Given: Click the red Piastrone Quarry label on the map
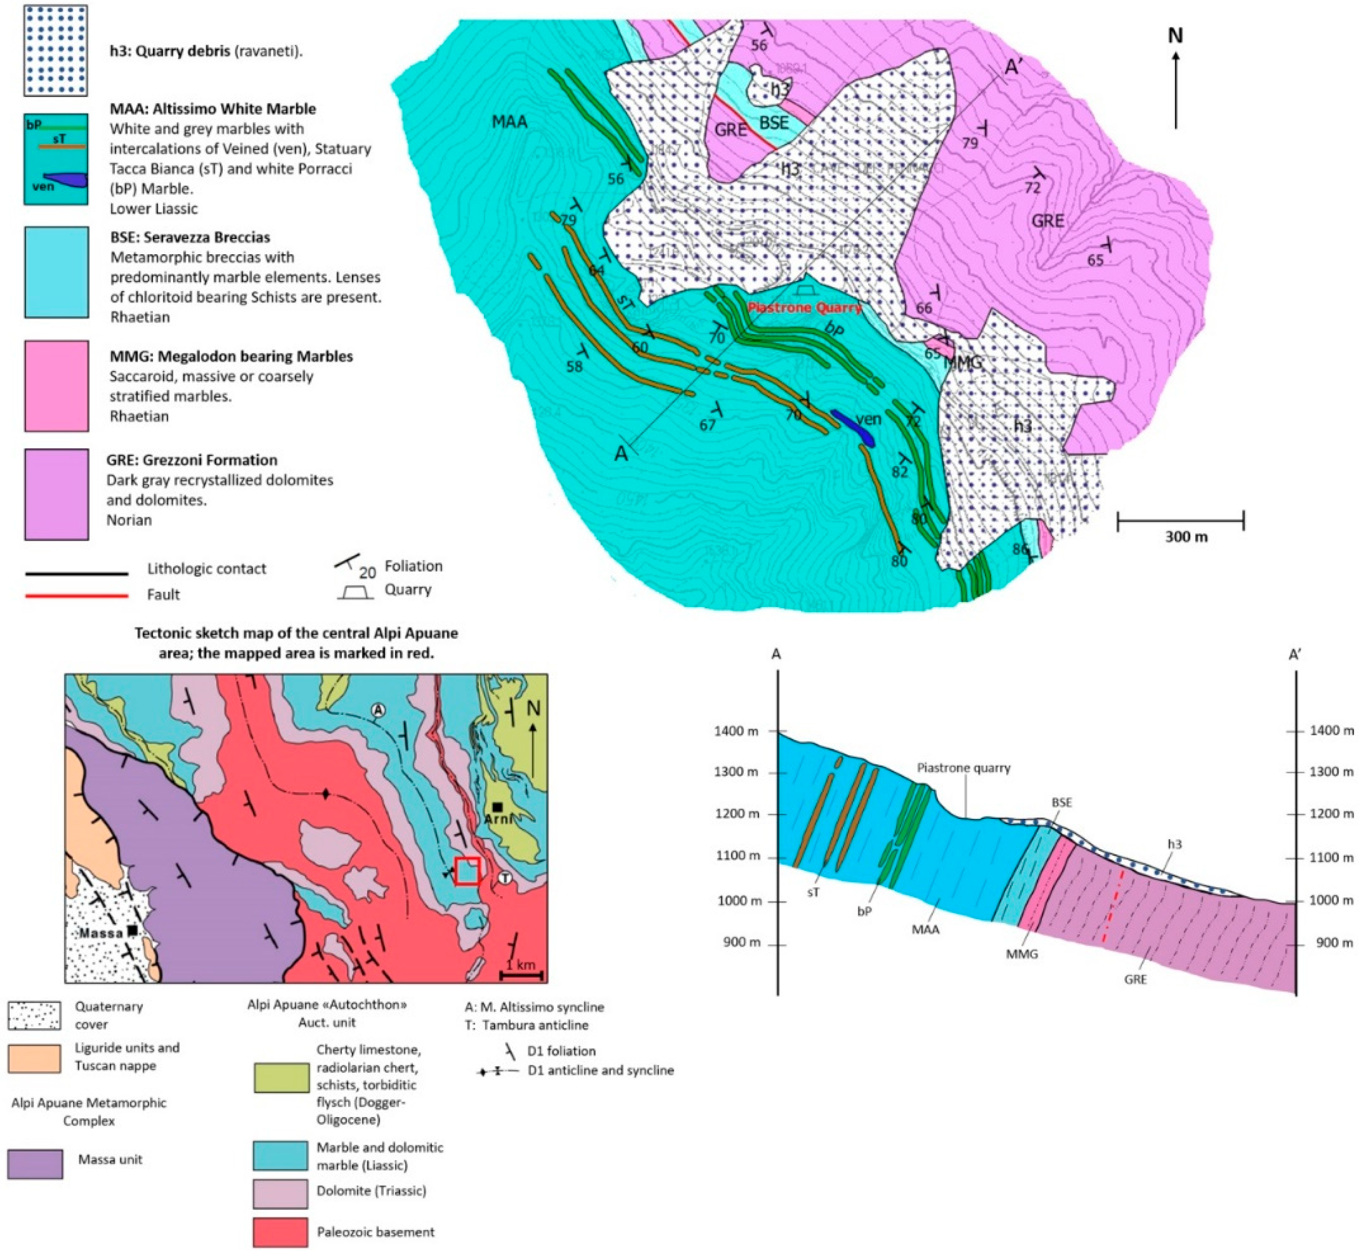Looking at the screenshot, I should point(805,308).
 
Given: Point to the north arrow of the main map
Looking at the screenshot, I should point(1176,78).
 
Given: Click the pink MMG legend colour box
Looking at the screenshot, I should point(56,385).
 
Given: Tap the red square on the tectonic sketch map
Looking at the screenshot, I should point(468,871).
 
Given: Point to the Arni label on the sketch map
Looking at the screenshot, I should point(498,819).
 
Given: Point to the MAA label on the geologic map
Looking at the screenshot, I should point(509,122).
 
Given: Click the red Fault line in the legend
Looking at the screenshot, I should point(77,595).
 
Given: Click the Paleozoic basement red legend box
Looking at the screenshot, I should point(280,1233).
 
